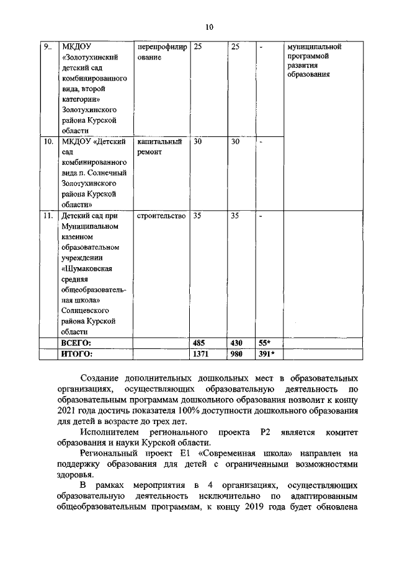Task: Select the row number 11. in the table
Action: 48,216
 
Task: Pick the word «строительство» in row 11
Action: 161,216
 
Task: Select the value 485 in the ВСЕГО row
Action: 200,342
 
